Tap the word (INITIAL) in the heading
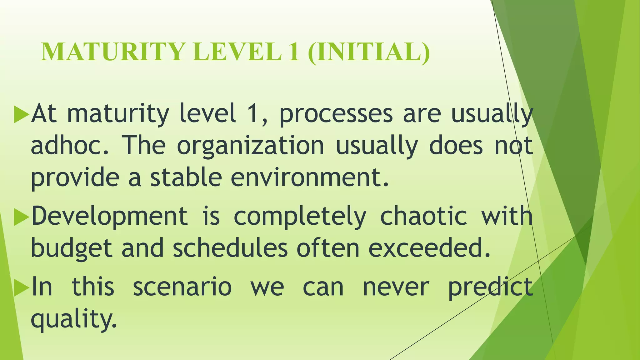369,52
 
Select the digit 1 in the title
294,52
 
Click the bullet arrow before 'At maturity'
21,114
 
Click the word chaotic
423,216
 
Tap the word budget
72,249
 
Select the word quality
74,319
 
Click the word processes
336,114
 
